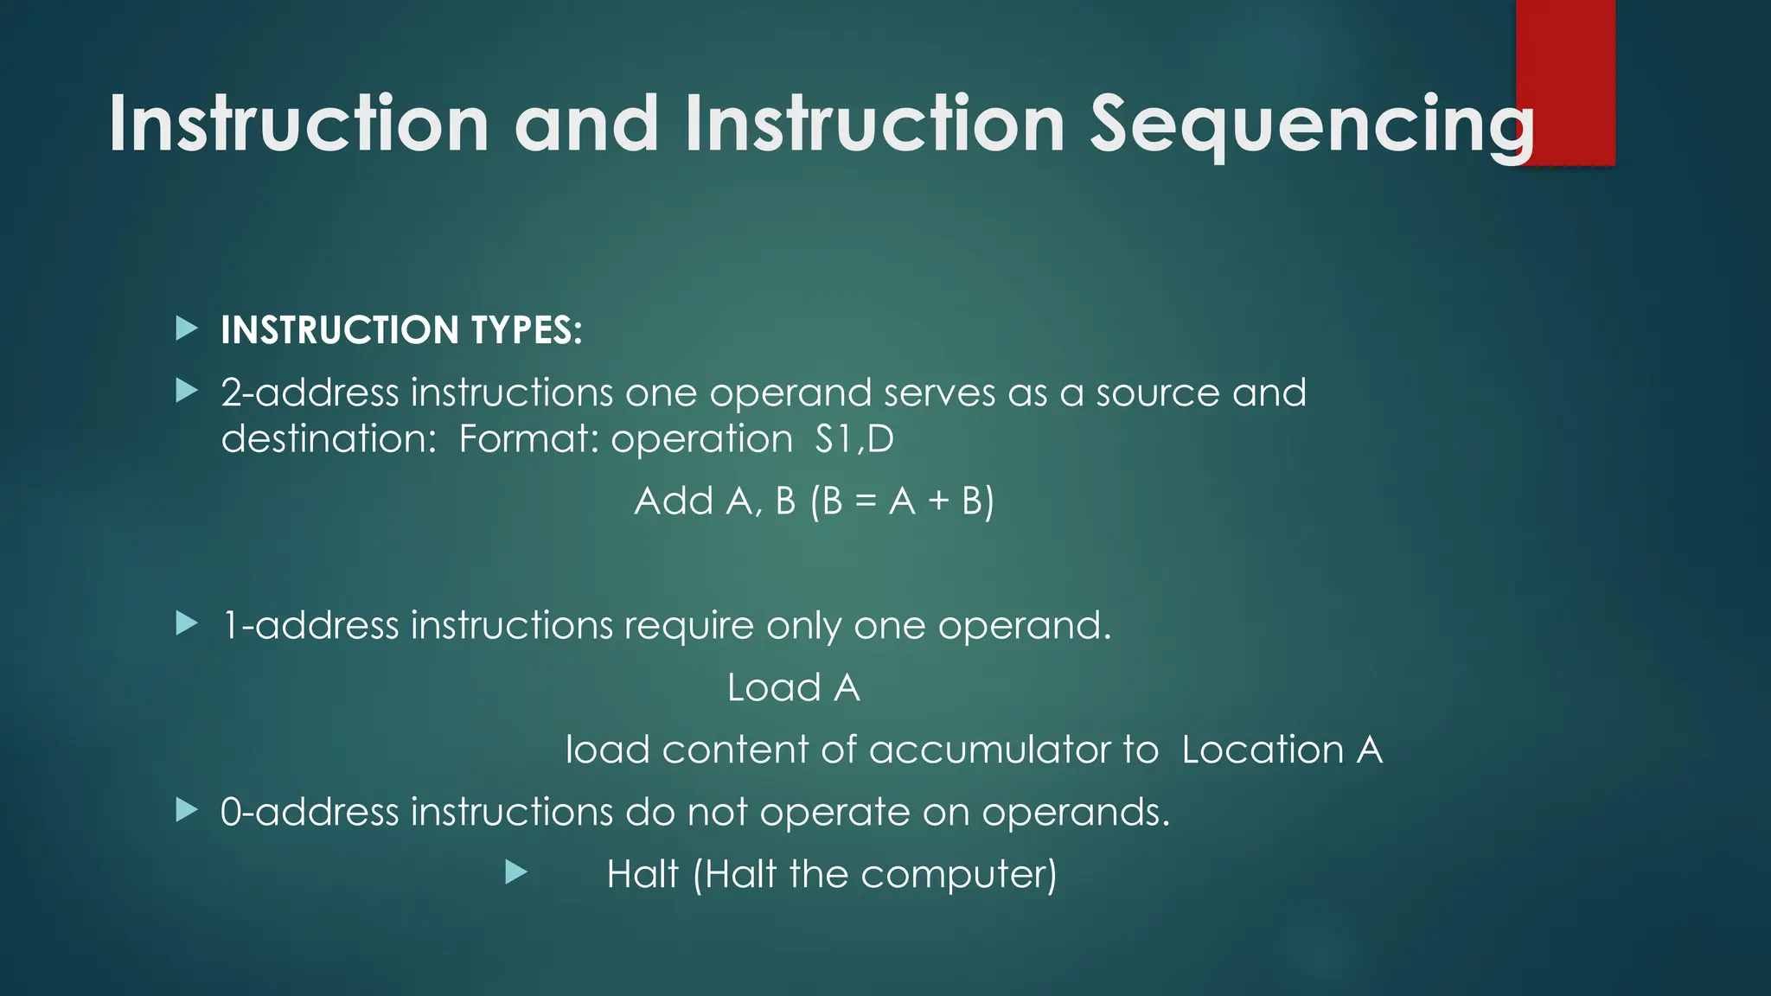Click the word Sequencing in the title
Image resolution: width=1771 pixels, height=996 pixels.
[1310, 125]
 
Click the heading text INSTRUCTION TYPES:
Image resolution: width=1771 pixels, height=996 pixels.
[401, 330]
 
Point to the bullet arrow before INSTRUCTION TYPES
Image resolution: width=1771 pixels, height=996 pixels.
[187, 329]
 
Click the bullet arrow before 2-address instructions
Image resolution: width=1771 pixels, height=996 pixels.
[187, 392]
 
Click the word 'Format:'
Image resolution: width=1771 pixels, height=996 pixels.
[528, 439]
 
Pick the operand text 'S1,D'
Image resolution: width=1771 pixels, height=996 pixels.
[854, 439]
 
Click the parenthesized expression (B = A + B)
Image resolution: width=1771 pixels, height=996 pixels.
[902, 501]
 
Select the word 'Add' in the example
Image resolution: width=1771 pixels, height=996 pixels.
[674, 501]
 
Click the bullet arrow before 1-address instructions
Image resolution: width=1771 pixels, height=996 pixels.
[187, 623]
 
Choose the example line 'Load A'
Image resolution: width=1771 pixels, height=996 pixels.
[793, 688]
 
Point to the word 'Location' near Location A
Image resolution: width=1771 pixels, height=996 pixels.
[1262, 750]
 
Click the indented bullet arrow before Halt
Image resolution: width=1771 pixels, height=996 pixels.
[516, 872]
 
